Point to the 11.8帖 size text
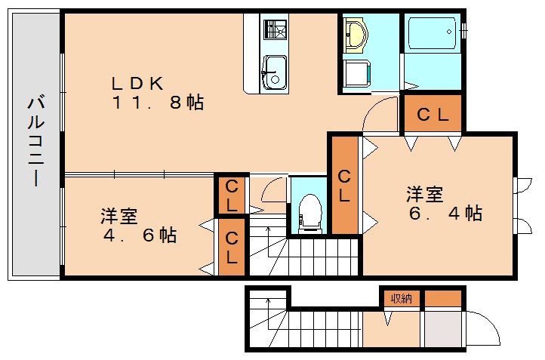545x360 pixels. pyautogui.click(x=159, y=103)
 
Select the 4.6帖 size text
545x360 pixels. pyautogui.click(x=140, y=235)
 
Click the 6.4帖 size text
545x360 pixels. pyautogui.click(x=445, y=214)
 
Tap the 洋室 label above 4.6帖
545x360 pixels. pyautogui.click(x=119, y=216)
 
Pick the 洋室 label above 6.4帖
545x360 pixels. pyautogui.click(x=424, y=194)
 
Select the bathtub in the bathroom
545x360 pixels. pyautogui.click(x=430, y=33)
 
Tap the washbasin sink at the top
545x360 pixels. pyautogui.click(x=355, y=34)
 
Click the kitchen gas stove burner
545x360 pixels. pyautogui.click(x=274, y=29)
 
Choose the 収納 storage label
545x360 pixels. pyautogui.click(x=401, y=298)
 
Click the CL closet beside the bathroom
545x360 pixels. pyautogui.click(x=433, y=115)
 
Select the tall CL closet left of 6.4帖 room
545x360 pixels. pyautogui.click(x=345, y=186)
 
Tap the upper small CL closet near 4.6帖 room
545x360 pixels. pyautogui.click(x=231, y=195)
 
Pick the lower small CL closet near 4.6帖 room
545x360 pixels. pyautogui.click(x=231, y=248)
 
